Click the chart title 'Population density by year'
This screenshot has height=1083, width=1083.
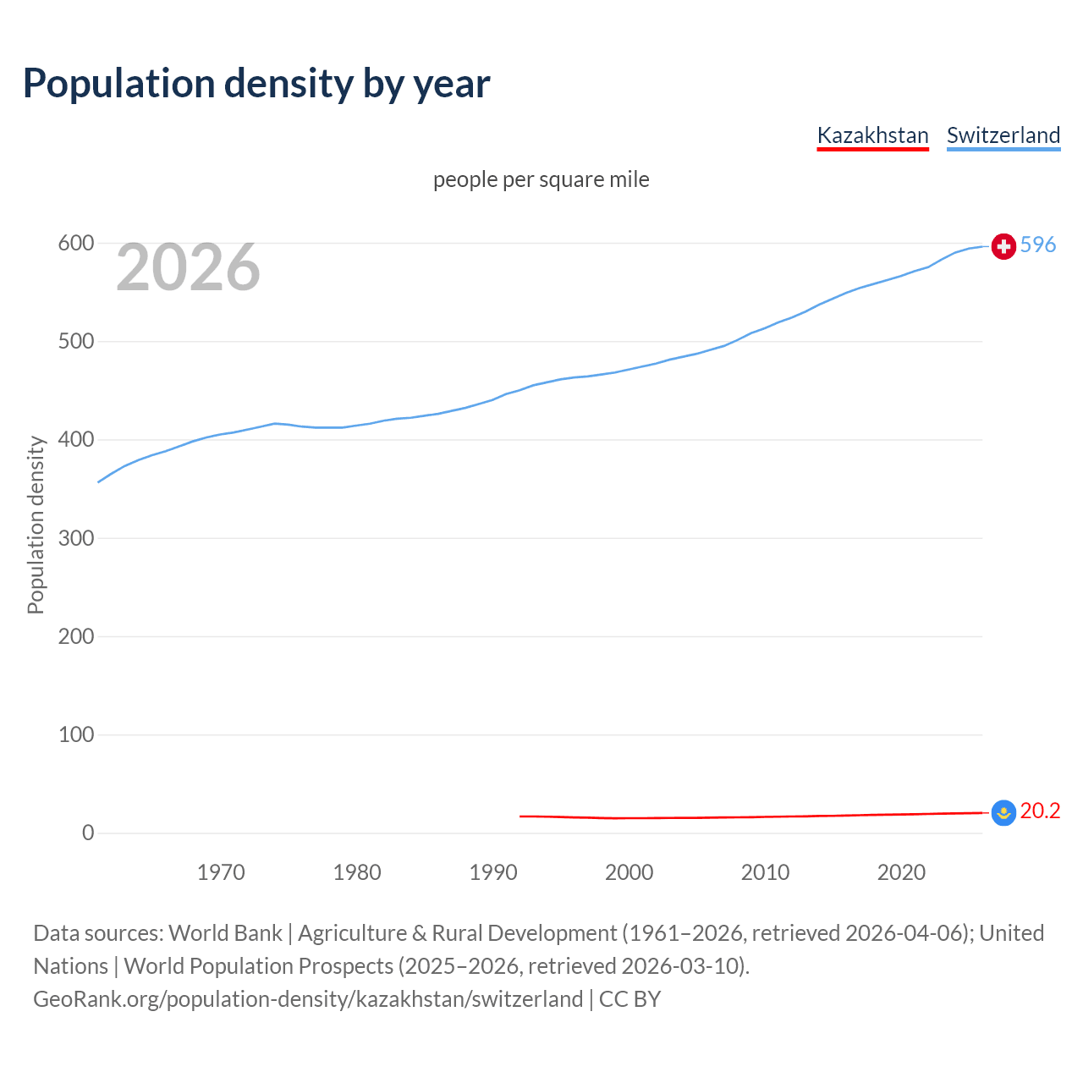(x=256, y=84)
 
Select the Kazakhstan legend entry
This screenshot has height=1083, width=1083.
(x=872, y=135)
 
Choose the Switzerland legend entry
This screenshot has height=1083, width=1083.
(x=1003, y=135)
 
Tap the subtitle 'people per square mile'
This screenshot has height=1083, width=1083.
(x=541, y=179)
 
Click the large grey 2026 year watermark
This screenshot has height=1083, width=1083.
(x=188, y=267)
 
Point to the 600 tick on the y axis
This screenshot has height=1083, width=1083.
(x=75, y=244)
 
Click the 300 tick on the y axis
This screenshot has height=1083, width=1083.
(x=75, y=538)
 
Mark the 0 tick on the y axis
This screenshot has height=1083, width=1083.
(x=88, y=833)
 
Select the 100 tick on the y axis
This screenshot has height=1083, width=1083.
(x=75, y=734)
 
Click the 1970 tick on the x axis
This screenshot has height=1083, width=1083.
(x=221, y=872)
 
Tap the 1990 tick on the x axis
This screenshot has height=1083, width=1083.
(x=493, y=872)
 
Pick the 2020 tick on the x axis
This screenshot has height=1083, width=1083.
(x=901, y=872)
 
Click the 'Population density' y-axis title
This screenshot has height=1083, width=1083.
(x=36, y=525)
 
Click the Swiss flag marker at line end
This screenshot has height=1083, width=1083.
(x=1003, y=246)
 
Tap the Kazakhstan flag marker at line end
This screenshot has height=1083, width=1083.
(x=1003, y=813)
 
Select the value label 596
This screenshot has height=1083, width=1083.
(x=1038, y=245)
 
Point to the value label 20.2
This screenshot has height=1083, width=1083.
(x=1040, y=811)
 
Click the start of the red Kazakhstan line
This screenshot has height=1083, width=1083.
(x=521, y=816)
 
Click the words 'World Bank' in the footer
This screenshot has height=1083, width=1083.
(x=225, y=933)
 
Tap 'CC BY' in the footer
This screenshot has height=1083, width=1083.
(x=629, y=999)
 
